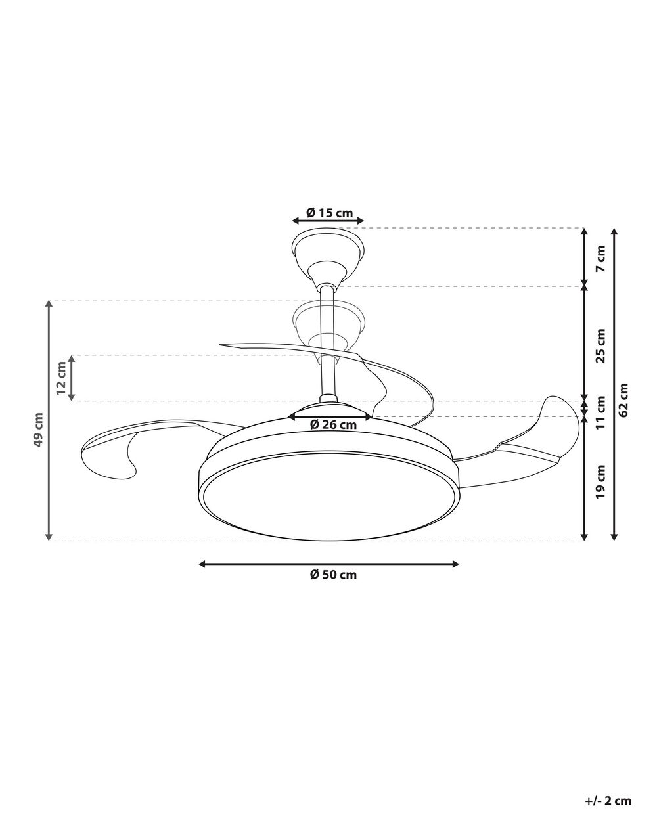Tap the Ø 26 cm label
point(333,425)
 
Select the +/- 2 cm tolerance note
point(607,801)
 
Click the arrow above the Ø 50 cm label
point(328,564)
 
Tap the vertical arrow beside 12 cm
point(72,378)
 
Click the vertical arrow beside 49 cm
point(49,420)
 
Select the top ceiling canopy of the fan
point(327,253)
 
